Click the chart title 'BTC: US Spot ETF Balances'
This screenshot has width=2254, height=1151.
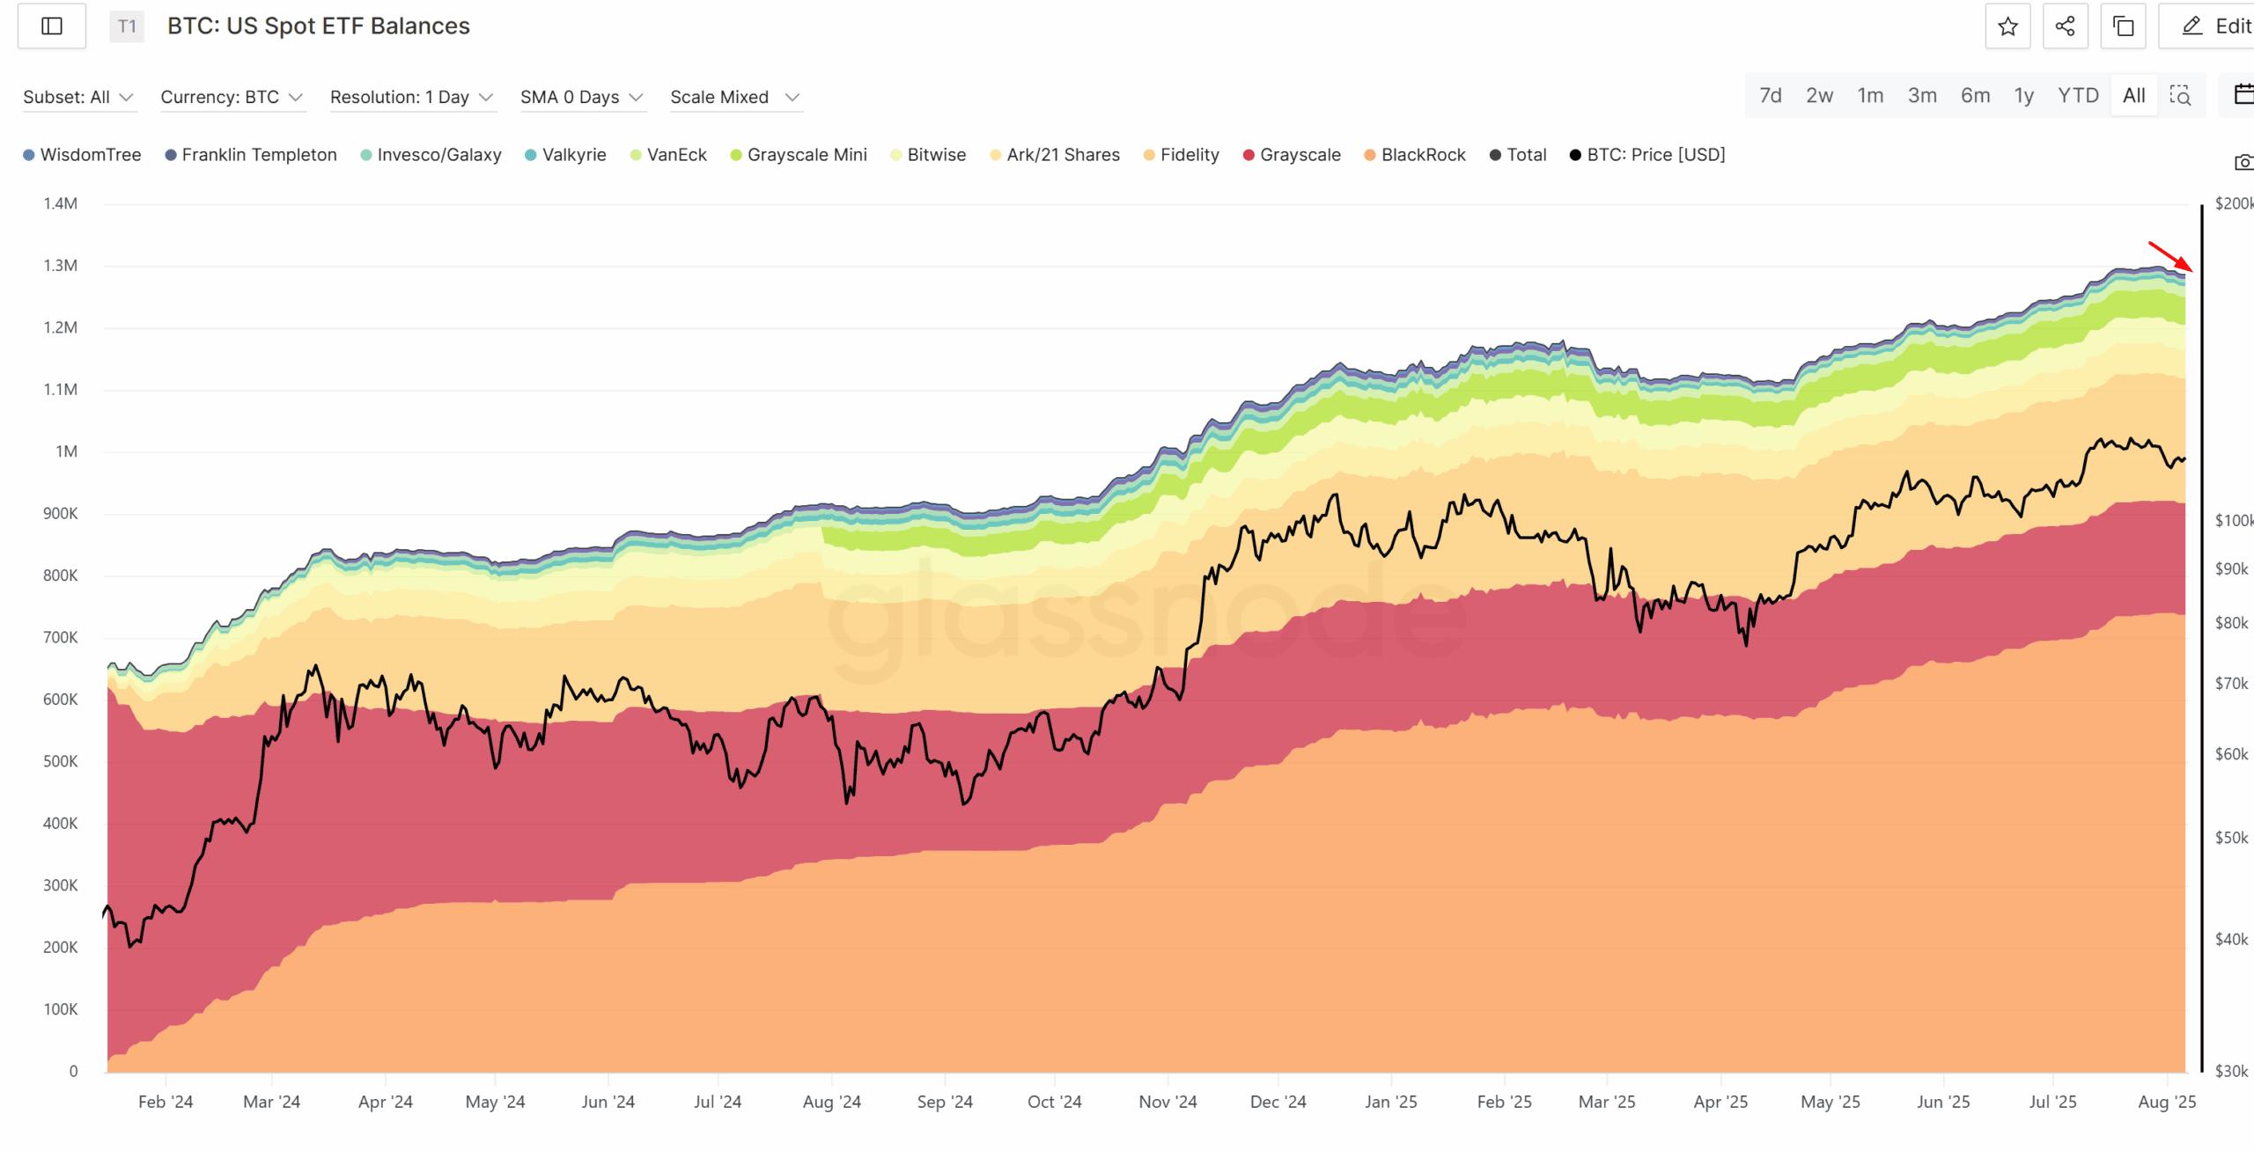coord(318,26)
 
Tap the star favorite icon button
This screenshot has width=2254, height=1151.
coord(2007,26)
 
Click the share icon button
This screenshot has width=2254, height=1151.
coord(2065,26)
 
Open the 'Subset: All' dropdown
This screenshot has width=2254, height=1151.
coord(77,97)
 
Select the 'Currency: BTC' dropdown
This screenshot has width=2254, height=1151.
coord(231,97)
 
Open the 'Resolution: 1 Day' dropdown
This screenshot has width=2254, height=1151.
coord(410,97)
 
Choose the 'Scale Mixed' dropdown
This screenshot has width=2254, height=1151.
coord(734,97)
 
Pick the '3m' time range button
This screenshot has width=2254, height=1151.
coord(1922,96)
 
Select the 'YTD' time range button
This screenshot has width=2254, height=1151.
coord(2078,96)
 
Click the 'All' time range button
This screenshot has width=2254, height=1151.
coord(2133,96)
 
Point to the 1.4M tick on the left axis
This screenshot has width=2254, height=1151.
coord(61,203)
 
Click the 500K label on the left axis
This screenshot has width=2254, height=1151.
coord(61,761)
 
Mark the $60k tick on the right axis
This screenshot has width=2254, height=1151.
coord(2231,754)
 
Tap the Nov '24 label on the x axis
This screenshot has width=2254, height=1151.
coord(1168,1102)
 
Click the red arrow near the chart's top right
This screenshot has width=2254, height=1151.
coord(2170,256)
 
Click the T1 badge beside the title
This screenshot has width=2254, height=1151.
coord(127,26)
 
